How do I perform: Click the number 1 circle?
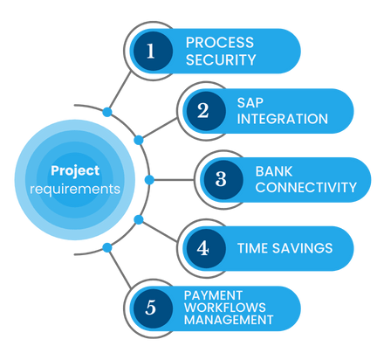tap(153, 51)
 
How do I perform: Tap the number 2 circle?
tap(206, 111)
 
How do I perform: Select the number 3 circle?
tap(223, 180)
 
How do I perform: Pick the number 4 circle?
tap(206, 248)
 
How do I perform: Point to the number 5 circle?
tap(153, 308)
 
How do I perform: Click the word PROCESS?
tap(220, 43)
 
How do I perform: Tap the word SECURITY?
tap(221, 59)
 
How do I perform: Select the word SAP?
tap(250, 102)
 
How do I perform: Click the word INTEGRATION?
tap(283, 119)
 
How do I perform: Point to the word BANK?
tap(274, 171)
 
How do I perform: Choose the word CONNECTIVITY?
tap(306, 187)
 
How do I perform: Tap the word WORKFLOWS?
tap(225, 308)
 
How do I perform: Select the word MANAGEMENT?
tap(229, 320)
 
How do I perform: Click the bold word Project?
tap(75, 171)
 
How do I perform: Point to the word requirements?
tap(75, 190)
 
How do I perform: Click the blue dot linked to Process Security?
tap(107, 112)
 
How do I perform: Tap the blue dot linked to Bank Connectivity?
tap(149, 180)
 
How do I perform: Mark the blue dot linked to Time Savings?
tap(139, 219)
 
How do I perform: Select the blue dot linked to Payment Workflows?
tap(107, 248)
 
